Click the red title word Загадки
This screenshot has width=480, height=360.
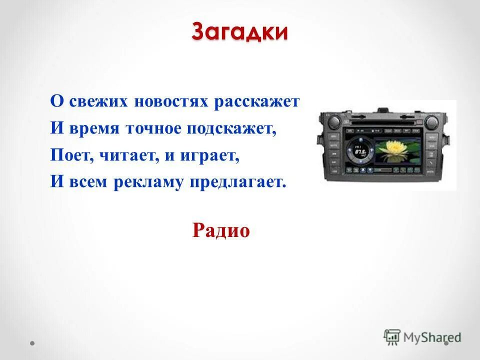coord(239,32)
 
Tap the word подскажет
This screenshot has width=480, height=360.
coord(232,129)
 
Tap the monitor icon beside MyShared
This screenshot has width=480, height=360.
coord(392,336)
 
